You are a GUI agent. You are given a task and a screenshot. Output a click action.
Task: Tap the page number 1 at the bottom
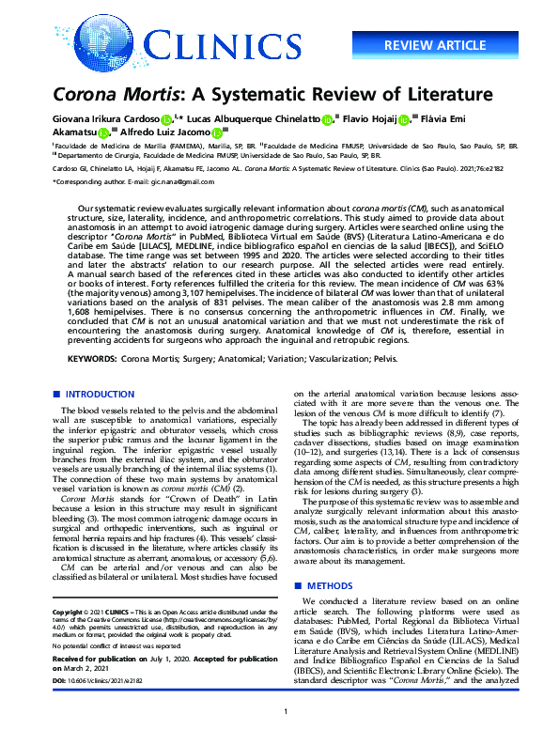tap(284, 738)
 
